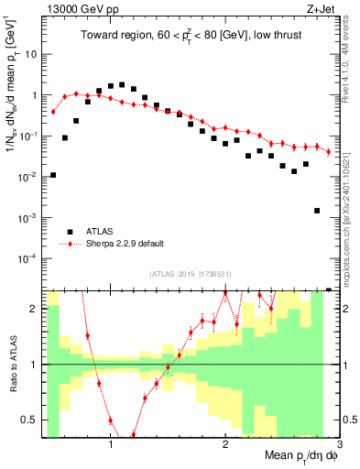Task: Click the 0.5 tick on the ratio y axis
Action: pyautogui.click(x=30, y=420)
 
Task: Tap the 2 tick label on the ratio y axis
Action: pyautogui.click(x=35, y=309)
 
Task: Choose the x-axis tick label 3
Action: pyautogui.click(x=338, y=445)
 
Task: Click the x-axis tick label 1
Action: pyautogui.click(x=111, y=445)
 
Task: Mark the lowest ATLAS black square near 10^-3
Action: pyautogui.click(x=317, y=211)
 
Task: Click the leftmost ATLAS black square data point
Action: pyautogui.click(x=53, y=175)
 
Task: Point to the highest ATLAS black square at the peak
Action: pyautogui.click(x=122, y=84)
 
